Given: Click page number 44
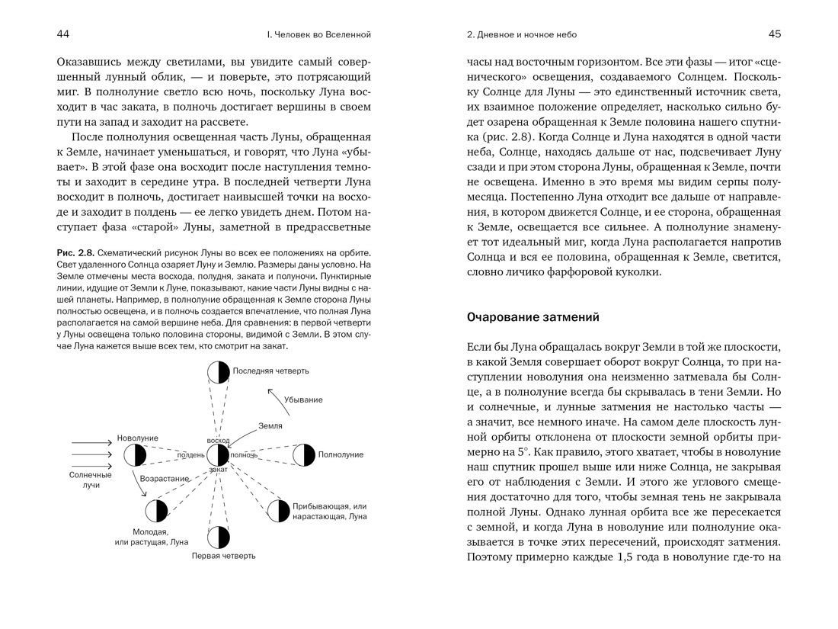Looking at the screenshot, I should coord(63,34).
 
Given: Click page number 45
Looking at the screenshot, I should coord(775,34).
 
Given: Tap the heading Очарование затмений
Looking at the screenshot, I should coord(533,316).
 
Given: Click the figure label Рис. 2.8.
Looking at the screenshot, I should coord(75,253).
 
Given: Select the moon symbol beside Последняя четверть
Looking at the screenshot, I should coord(219,372).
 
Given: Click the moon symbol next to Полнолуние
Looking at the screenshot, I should coord(304,455).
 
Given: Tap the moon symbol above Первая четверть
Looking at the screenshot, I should coord(219,538).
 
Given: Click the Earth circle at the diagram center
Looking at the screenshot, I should coord(219,455).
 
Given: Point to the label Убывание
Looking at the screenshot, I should coord(303,400).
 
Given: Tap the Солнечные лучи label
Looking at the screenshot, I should coord(91,480).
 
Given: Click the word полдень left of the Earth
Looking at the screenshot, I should coord(190,455).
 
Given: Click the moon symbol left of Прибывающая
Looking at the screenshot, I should coord(278,511).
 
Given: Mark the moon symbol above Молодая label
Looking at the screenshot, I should coord(157,511).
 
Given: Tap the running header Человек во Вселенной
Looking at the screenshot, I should coord(318,34).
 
